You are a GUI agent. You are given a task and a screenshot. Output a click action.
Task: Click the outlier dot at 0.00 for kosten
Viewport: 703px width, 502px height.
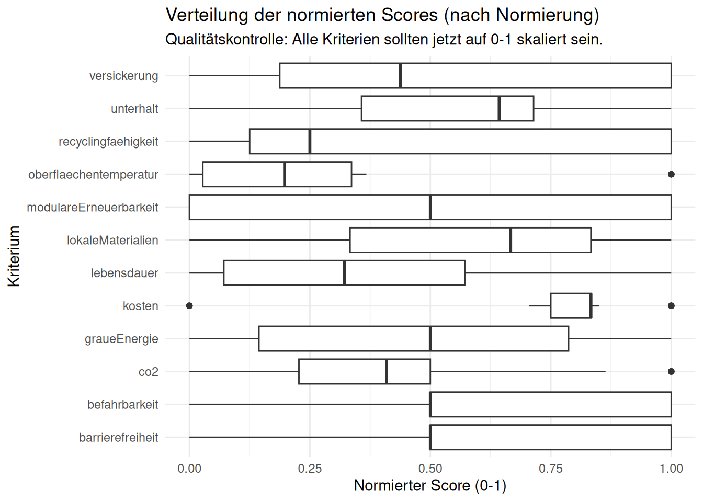click(189, 306)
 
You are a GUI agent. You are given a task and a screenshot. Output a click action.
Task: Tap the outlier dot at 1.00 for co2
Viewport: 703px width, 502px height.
click(671, 372)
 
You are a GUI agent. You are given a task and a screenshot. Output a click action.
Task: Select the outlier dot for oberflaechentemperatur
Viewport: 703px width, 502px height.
click(671, 174)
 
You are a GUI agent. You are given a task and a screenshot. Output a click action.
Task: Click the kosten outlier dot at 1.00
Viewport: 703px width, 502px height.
click(671, 306)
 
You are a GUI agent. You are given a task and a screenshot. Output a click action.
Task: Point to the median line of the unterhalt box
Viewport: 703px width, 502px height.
click(499, 109)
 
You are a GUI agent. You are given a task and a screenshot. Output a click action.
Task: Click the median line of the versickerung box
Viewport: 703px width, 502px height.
click(400, 76)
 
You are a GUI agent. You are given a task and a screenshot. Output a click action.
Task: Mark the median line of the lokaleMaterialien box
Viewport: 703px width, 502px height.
click(511, 240)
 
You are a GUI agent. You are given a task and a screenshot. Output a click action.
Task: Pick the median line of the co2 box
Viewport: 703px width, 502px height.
click(387, 372)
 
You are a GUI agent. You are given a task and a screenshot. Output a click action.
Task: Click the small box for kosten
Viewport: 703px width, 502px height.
click(570, 306)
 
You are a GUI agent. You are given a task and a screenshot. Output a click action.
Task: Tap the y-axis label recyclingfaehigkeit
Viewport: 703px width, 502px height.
click(108, 142)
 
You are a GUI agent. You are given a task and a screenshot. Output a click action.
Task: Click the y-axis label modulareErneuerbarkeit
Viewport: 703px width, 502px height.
click(93, 208)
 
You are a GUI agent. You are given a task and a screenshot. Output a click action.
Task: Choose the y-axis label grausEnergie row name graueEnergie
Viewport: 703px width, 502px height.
click(121, 339)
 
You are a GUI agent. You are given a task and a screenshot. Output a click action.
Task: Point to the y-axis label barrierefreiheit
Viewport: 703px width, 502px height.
click(118, 438)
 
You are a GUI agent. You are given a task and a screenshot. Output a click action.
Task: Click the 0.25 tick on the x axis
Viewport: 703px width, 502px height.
click(310, 469)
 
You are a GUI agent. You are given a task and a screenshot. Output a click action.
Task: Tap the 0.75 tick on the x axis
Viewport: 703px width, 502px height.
click(551, 469)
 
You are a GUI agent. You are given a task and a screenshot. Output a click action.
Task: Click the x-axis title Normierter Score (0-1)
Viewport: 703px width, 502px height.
click(430, 486)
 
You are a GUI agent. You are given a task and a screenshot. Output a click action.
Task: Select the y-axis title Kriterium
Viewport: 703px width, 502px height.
click(14, 256)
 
